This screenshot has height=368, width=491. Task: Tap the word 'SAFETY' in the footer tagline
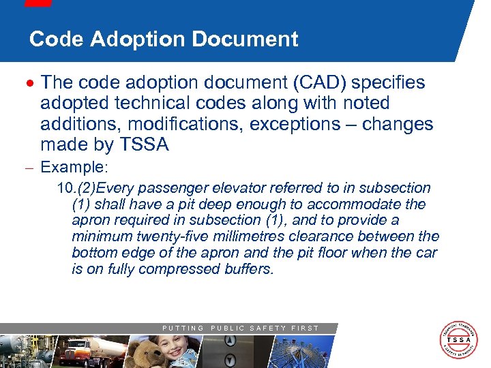tap(267, 328)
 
